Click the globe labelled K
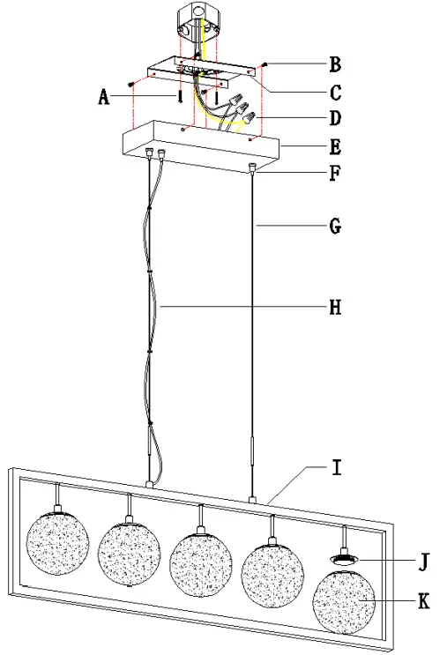point(346,601)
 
